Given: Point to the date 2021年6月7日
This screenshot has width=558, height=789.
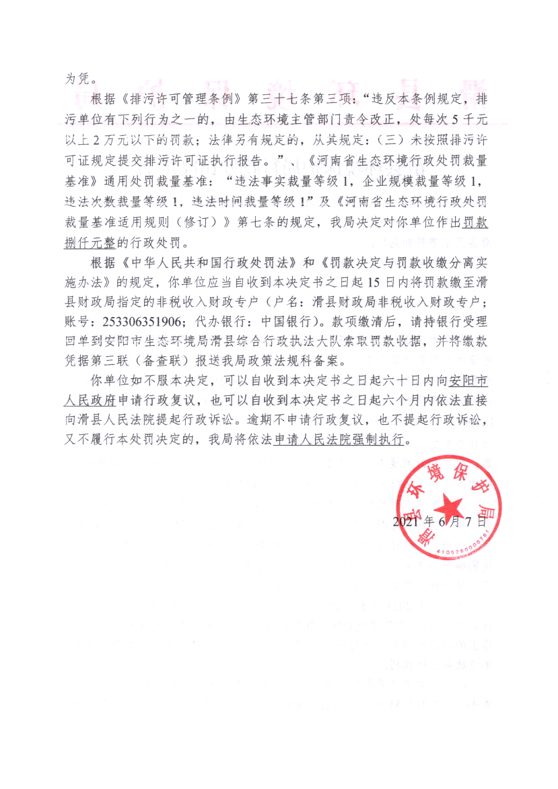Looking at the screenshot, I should click(x=439, y=522).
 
